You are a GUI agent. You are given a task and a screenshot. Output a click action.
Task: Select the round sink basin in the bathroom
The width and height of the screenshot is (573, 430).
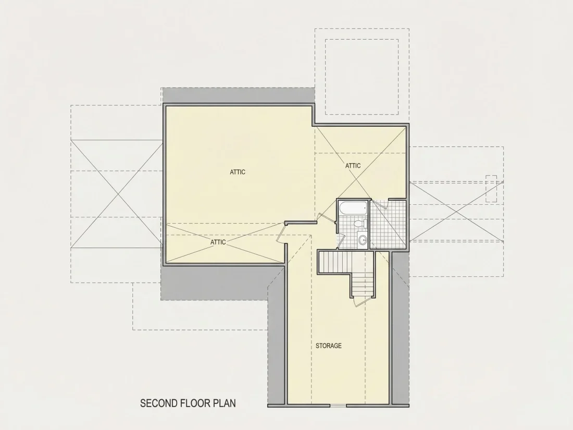363,240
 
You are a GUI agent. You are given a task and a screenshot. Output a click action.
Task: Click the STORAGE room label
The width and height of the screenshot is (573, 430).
329,346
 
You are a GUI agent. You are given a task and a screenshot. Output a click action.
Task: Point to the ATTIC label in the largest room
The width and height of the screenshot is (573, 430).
238,172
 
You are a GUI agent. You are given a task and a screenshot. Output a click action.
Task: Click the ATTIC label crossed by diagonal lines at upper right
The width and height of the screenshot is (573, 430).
353,166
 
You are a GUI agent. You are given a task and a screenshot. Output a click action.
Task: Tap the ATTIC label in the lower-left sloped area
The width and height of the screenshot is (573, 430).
218,242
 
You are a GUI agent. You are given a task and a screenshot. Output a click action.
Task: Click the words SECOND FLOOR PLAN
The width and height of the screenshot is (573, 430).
188,403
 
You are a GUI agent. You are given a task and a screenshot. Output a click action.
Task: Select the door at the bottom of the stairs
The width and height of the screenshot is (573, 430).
359,302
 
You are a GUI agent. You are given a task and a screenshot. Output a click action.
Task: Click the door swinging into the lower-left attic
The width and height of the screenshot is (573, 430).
281,232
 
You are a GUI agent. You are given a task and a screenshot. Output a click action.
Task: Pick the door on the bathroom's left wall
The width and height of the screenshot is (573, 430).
340,241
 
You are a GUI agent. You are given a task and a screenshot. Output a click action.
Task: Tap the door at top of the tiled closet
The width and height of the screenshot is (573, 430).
380,204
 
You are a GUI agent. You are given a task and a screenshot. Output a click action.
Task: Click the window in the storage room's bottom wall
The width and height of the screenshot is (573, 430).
339,405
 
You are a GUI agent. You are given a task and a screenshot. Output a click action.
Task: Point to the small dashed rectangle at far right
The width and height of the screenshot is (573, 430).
491,189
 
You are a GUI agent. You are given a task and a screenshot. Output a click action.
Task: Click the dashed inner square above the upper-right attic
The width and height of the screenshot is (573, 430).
362,77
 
